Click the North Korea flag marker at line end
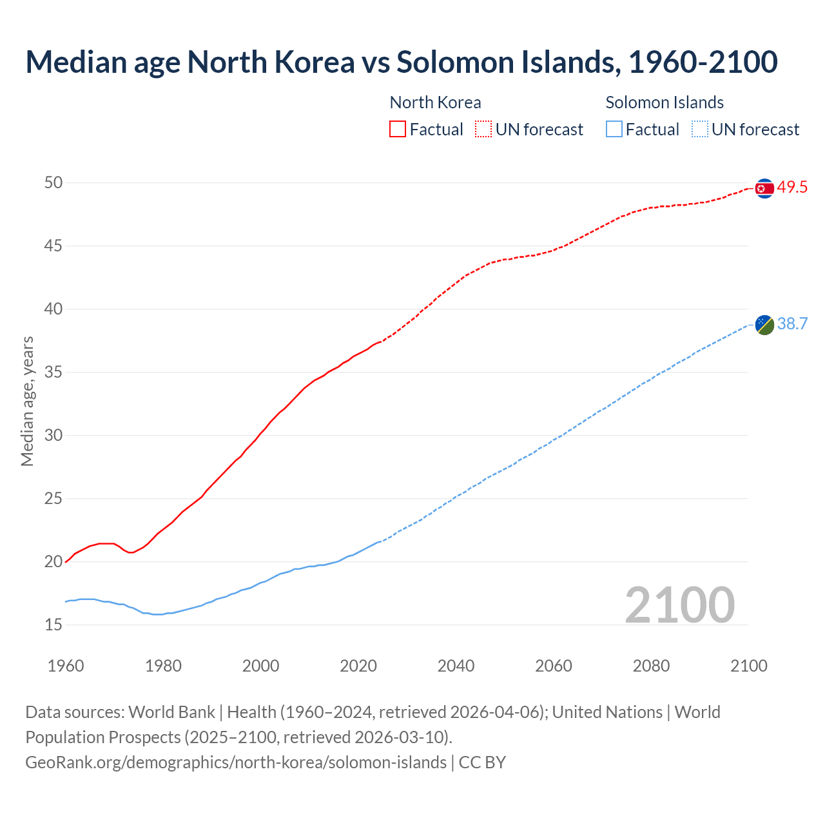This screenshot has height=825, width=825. [x=764, y=188]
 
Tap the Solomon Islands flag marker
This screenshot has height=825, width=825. [x=764, y=325]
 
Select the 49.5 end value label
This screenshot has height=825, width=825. [x=792, y=188]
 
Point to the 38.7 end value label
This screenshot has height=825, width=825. [x=792, y=324]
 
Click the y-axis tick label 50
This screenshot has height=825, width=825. [x=53, y=183]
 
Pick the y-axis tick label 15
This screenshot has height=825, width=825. [x=53, y=625]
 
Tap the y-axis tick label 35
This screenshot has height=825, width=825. [x=53, y=373]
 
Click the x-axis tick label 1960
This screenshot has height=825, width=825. [x=66, y=666]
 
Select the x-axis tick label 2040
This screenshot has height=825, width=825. [x=456, y=666]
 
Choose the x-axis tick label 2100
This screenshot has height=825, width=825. [x=748, y=666]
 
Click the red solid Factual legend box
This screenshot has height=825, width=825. [x=398, y=130]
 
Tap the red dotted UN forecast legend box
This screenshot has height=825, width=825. [x=483, y=130]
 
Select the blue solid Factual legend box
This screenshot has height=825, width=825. [x=614, y=130]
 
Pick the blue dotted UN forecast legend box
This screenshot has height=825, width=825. [x=699, y=130]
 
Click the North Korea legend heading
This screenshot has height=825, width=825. [x=435, y=102]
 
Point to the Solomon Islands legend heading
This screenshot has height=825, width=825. [x=665, y=102]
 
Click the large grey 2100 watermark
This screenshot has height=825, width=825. [x=679, y=605]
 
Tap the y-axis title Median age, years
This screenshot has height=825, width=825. [x=27, y=401]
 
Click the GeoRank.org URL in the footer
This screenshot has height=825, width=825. [x=236, y=762]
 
